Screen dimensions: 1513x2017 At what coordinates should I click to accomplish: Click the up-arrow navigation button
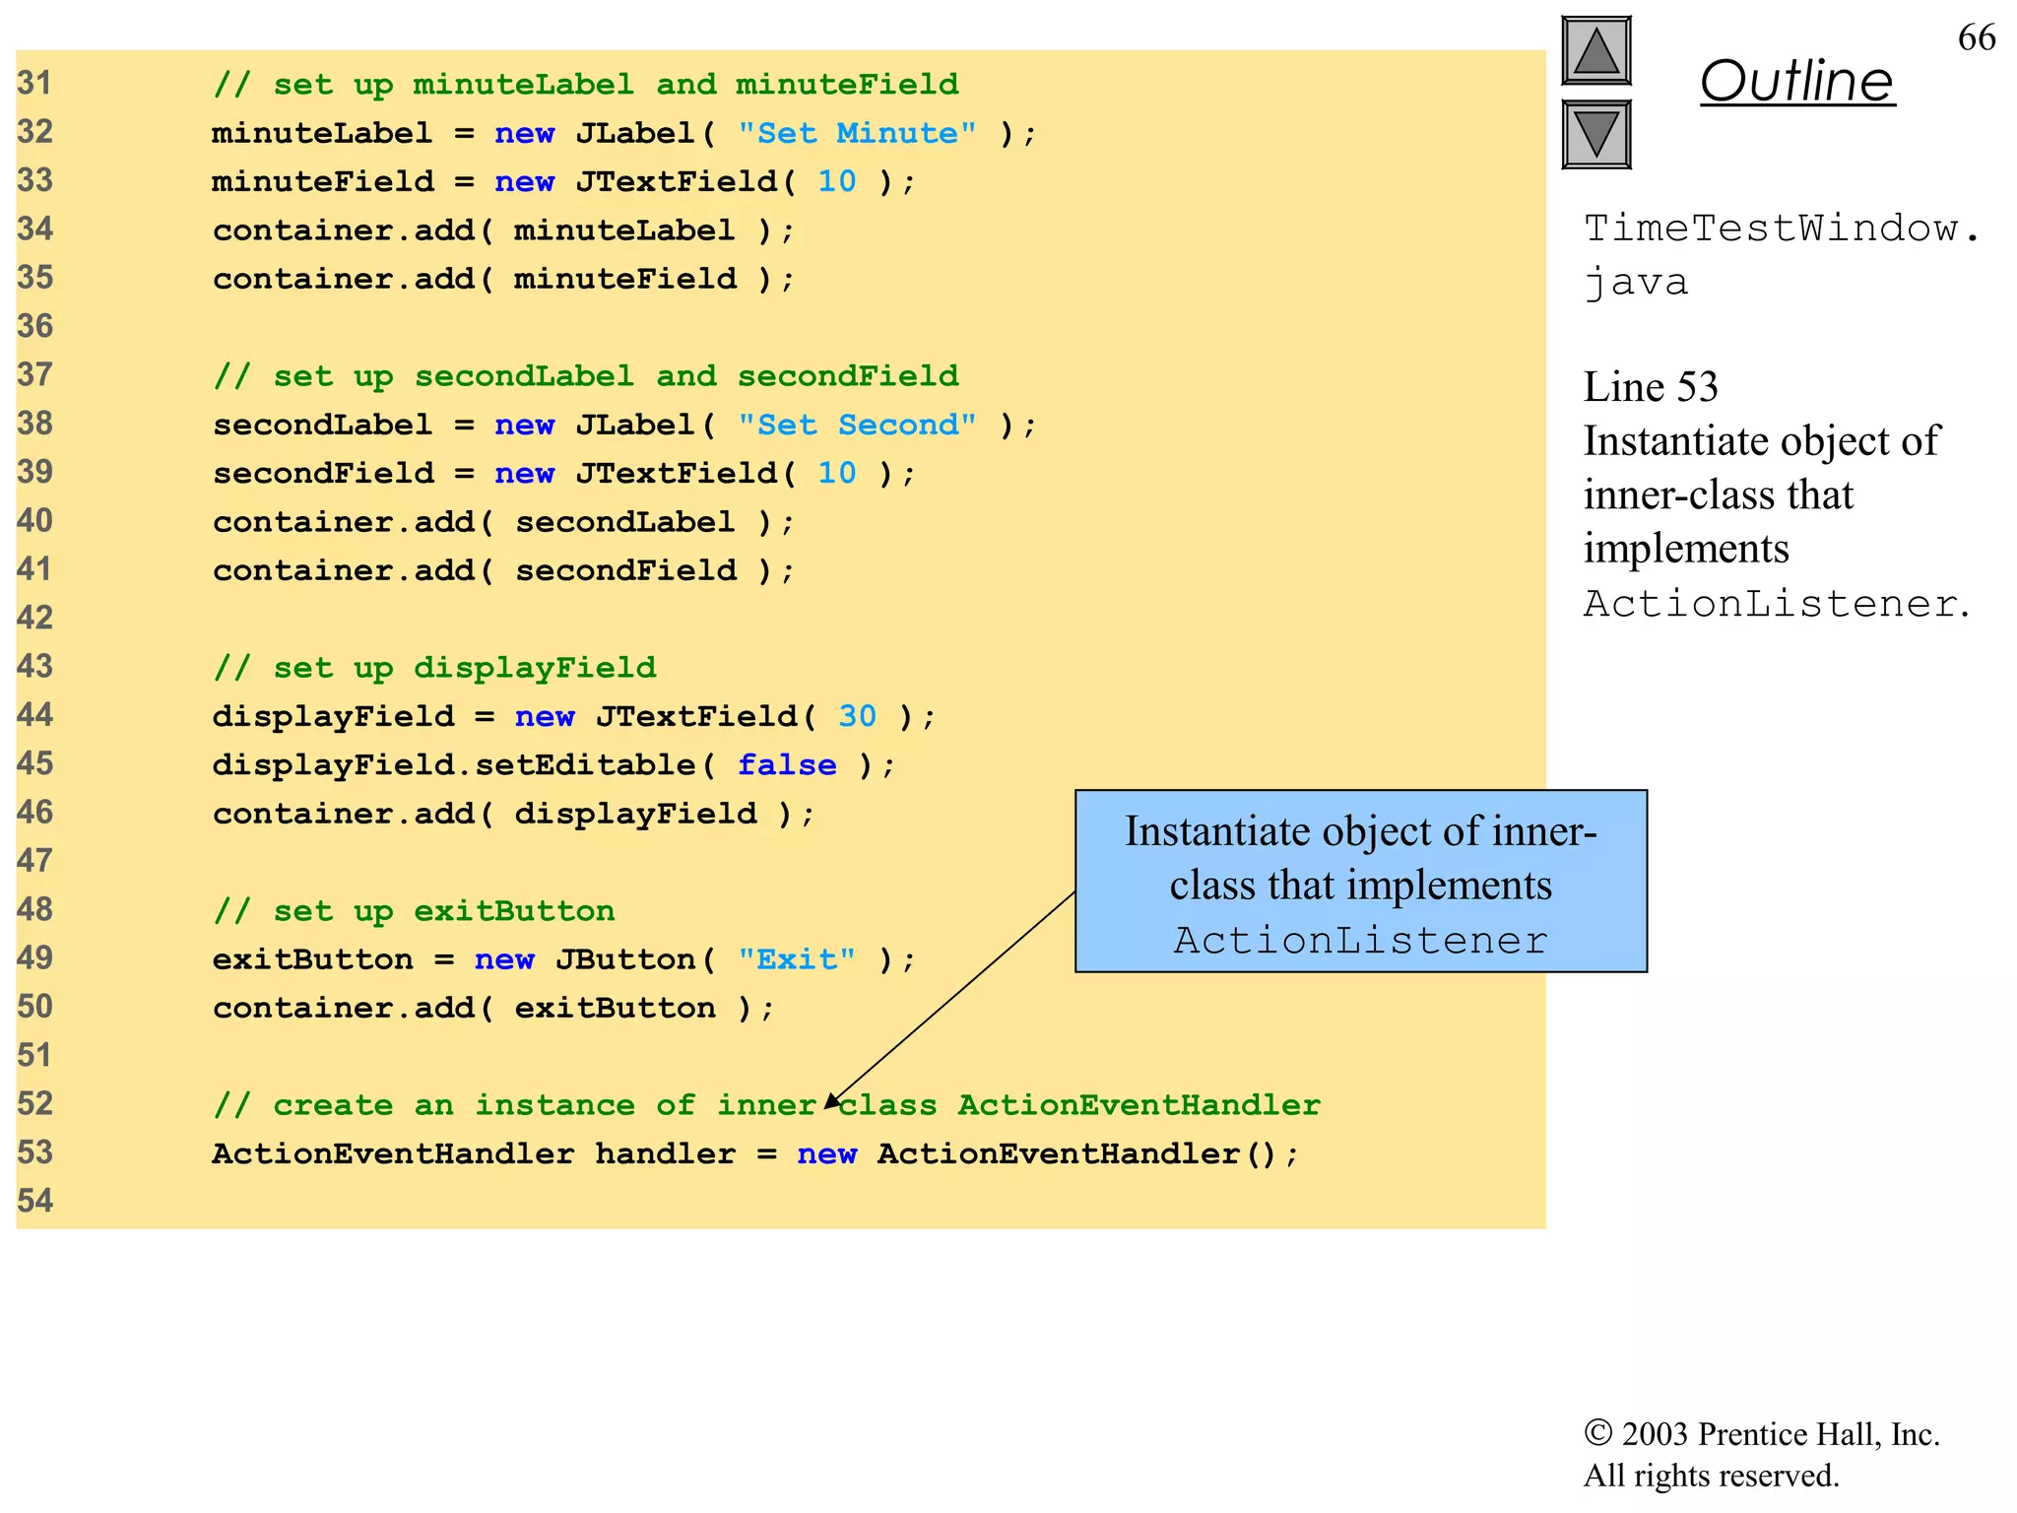click(x=1595, y=51)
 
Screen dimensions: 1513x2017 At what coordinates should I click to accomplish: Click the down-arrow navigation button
click(x=1595, y=134)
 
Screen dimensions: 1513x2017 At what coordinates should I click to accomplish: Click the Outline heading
click(x=1796, y=81)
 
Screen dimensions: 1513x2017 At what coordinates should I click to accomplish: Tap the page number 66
click(x=1976, y=37)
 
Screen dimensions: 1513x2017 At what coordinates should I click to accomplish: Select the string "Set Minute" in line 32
click(x=857, y=133)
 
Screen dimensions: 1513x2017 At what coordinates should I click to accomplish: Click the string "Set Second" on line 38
click(x=857, y=425)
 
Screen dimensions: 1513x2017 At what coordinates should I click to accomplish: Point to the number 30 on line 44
click(x=857, y=716)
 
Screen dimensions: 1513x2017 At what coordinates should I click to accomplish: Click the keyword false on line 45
click(x=787, y=765)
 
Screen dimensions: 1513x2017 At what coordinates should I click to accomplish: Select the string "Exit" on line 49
click(x=797, y=959)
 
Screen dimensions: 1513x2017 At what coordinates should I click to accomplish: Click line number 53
click(x=35, y=1152)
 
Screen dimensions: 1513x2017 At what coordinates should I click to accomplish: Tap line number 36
click(x=35, y=326)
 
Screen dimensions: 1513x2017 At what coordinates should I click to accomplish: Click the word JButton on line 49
click(x=626, y=959)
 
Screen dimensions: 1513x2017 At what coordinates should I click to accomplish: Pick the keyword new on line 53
click(x=826, y=1153)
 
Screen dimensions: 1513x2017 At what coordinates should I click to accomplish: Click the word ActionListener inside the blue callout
click(x=1360, y=941)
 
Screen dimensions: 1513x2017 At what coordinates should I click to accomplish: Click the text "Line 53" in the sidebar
click(x=1651, y=387)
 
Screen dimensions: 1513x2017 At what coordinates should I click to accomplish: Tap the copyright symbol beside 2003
click(x=1596, y=1433)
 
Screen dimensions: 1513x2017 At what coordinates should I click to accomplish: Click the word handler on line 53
click(x=665, y=1153)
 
